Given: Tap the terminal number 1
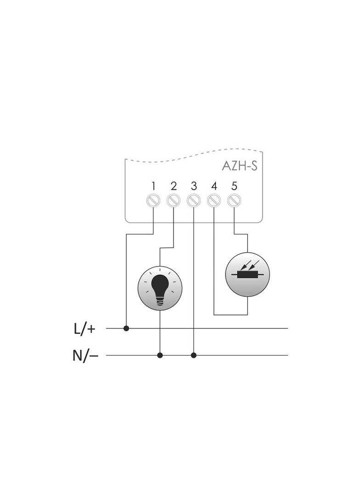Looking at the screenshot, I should [x=153, y=186].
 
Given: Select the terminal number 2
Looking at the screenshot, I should [x=174, y=186].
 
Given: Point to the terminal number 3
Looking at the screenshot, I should [x=194, y=186].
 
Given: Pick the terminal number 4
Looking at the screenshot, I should [x=214, y=186].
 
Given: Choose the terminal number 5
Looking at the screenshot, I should [x=234, y=186].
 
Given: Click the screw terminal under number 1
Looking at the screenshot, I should [x=153, y=200].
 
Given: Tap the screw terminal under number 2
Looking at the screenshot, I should [x=173, y=200].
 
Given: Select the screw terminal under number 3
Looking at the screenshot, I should [x=193, y=200].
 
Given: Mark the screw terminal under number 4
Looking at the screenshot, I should [x=214, y=200].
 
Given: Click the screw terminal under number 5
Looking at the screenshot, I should [x=234, y=200].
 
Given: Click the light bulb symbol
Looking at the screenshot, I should [x=160, y=288].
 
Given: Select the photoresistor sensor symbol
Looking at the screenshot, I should [x=247, y=274].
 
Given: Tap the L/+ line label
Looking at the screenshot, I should [x=84, y=328].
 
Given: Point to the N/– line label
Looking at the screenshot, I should [x=85, y=356].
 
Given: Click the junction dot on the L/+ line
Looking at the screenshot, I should [x=126, y=328].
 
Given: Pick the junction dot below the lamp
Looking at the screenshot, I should [x=160, y=355].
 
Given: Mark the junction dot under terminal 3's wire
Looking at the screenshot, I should [x=193, y=355].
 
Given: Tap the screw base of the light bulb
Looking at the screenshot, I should [x=160, y=301].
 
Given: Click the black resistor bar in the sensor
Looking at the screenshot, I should [x=247, y=275].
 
